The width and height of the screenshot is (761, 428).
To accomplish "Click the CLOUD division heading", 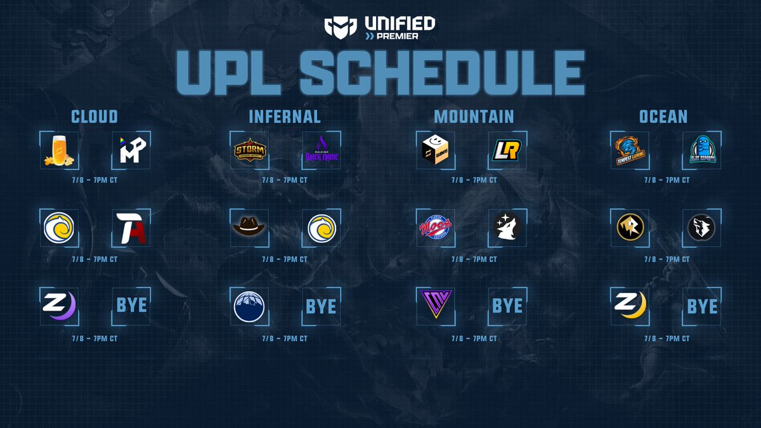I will (x=94, y=117).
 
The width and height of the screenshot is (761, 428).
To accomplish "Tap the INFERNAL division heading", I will (x=285, y=117).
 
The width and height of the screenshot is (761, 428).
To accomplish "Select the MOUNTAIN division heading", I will (x=474, y=117).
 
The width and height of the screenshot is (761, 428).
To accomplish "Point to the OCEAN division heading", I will (x=663, y=117).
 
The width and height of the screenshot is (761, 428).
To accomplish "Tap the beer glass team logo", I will (x=59, y=150).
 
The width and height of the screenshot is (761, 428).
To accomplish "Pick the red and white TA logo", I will (x=131, y=228).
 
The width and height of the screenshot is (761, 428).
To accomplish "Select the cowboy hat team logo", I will (x=249, y=228).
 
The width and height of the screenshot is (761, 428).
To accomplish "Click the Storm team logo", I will (x=249, y=150).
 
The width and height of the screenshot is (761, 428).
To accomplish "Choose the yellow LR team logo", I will (x=508, y=150).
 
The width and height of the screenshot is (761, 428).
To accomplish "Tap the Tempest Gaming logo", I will (x=630, y=150).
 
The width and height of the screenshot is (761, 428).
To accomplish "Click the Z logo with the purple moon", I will (x=59, y=306).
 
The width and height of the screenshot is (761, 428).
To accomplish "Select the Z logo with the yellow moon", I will (x=630, y=306).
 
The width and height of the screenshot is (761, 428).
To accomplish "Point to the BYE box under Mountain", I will (x=508, y=306).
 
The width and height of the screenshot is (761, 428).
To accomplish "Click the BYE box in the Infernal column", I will (x=322, y=306).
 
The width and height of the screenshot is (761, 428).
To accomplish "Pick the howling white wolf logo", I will (x=508, y=228).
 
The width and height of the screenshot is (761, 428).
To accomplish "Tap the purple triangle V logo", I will (x=436, y=306).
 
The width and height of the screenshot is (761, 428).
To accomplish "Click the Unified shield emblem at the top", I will (x=337, y=27).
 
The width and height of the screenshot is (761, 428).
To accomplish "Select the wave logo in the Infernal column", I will (x=322, y=228).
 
